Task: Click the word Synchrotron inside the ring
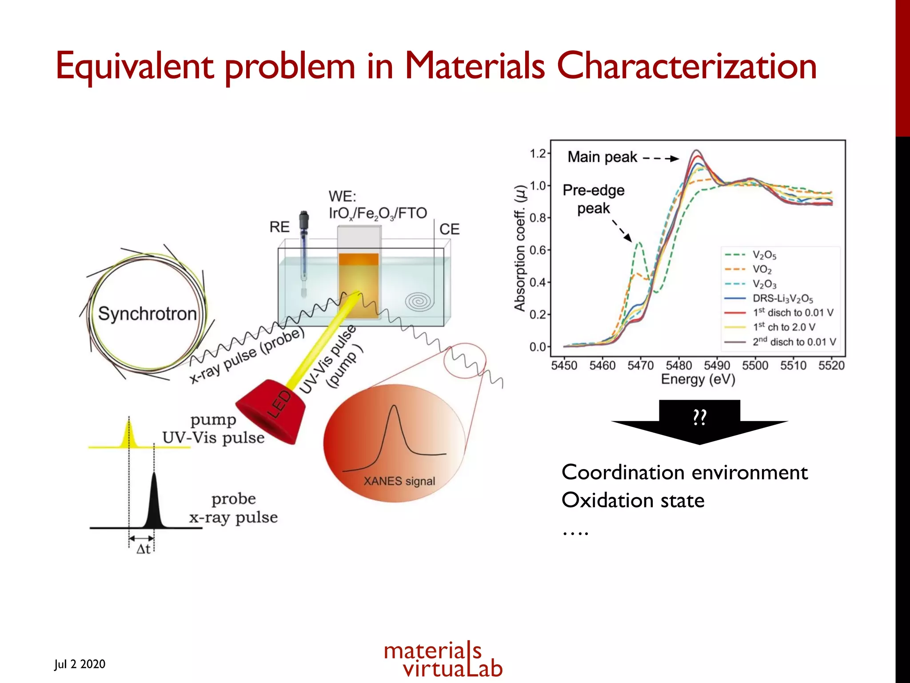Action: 147,314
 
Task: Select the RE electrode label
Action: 279,227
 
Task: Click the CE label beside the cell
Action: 449,229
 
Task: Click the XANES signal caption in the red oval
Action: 399,481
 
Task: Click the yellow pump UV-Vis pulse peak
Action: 129,434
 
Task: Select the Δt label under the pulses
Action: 143,549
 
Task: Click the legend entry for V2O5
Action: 764,255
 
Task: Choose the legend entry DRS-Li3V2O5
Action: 782,298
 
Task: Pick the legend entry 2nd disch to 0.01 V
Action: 794,342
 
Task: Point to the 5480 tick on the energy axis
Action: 679,366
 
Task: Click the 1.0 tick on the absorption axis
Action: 538,186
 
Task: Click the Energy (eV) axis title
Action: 698,379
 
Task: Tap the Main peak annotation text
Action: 602,157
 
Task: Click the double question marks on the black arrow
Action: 699,417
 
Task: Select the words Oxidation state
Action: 633,500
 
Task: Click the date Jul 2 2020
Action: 80,664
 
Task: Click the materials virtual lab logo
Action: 443,659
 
